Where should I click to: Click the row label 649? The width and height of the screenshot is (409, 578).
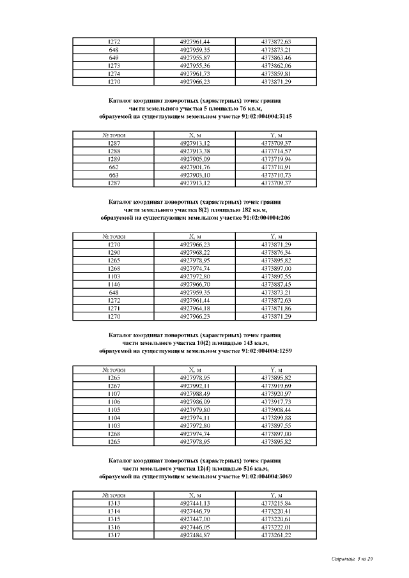coord(114,57)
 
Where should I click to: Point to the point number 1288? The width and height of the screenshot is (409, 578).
coord(114,151)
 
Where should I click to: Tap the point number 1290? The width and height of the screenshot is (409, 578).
coord(114,252)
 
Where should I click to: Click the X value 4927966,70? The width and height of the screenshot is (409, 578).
coord(196,284)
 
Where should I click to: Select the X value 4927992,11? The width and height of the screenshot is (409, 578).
coord(196,386)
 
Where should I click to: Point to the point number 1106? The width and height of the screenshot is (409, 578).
coord(114,402)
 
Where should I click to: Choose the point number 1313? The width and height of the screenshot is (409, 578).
coord(114,503)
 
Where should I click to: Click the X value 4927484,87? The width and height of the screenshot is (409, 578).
coord(196,535)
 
